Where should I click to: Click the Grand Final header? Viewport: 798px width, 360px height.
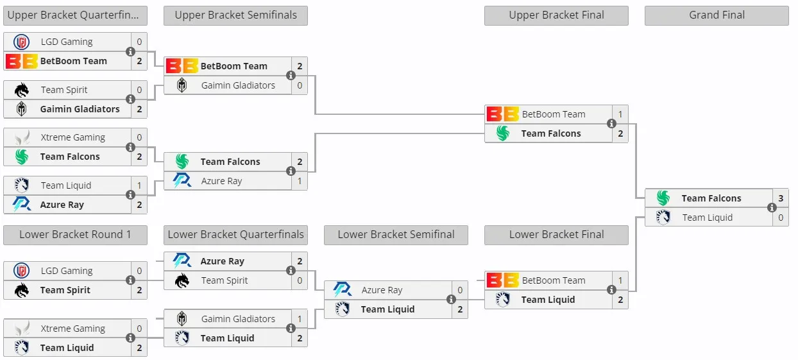[717, 15]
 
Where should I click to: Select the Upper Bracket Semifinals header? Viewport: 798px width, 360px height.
[235, 15]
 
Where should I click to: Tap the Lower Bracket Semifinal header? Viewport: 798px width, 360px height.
[396, 234]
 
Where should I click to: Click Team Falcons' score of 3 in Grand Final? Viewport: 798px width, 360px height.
[781, 198]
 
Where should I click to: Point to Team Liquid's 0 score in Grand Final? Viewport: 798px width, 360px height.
[781, 218]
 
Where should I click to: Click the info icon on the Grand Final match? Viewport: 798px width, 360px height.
[772, 207]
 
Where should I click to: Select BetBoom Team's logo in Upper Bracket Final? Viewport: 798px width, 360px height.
[503, 114]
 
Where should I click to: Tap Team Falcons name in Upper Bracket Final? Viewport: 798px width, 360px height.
[551, 133]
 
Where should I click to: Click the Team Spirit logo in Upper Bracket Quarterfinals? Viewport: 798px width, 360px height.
[21, 90]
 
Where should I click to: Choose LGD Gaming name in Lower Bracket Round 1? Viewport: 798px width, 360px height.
[67, 271]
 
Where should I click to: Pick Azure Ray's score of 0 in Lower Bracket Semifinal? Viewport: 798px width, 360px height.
[460, 290]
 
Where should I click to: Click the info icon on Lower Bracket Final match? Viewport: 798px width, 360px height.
[611, 290]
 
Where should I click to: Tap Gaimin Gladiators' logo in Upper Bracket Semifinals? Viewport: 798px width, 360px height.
[182, 85]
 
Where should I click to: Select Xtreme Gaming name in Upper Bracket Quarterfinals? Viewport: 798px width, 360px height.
[72, 137]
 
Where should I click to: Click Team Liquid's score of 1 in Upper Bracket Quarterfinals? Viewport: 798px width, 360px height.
[139, 185]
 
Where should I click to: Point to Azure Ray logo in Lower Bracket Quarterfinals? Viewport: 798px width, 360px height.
[182, 261]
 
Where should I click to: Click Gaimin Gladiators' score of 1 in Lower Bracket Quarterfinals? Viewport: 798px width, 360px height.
[300, 319]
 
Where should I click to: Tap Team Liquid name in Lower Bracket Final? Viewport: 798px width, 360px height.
[548, 300]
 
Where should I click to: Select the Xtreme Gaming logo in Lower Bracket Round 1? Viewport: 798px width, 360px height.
[22, 329]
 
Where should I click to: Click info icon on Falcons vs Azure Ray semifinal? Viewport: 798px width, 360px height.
[291, 171]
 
